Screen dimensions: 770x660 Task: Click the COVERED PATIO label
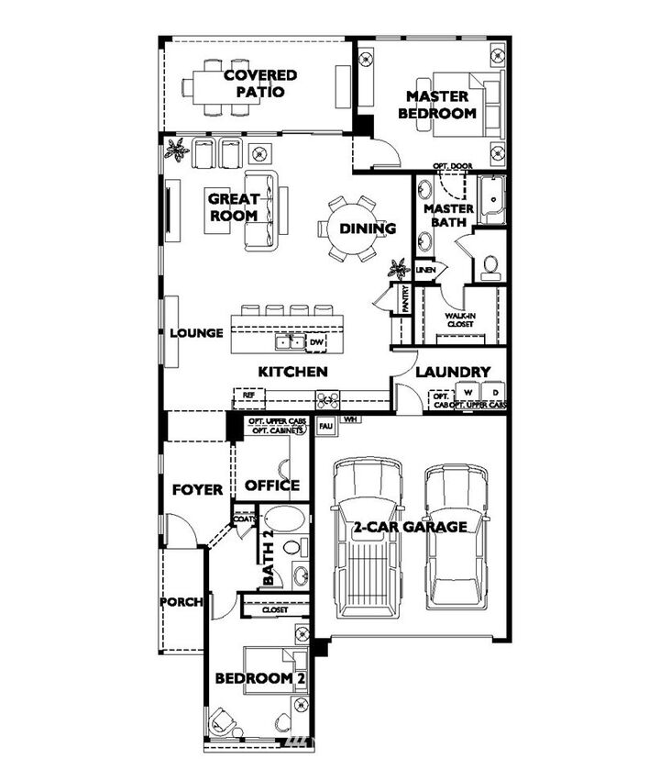click(x=260, y=84)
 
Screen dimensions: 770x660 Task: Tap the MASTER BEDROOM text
click(x=437, y=105)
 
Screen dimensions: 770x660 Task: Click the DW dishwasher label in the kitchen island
click(x=317, y=342)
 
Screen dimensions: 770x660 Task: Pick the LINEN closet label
click(x=424, y=270)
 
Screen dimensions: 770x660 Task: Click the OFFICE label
click(x=272, y=485)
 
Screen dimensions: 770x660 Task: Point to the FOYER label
click(x=197, y=490)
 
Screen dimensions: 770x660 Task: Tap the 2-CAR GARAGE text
click(x=411, y=527)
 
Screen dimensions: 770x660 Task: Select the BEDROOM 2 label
click(x=259, y=678)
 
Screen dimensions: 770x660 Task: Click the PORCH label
click(x=181, y=602)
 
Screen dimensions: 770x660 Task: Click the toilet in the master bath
click(x=489, y=266)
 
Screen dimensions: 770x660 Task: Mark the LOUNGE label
click(x=196, y=333)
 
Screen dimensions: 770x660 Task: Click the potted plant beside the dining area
click(x=398, y=269)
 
